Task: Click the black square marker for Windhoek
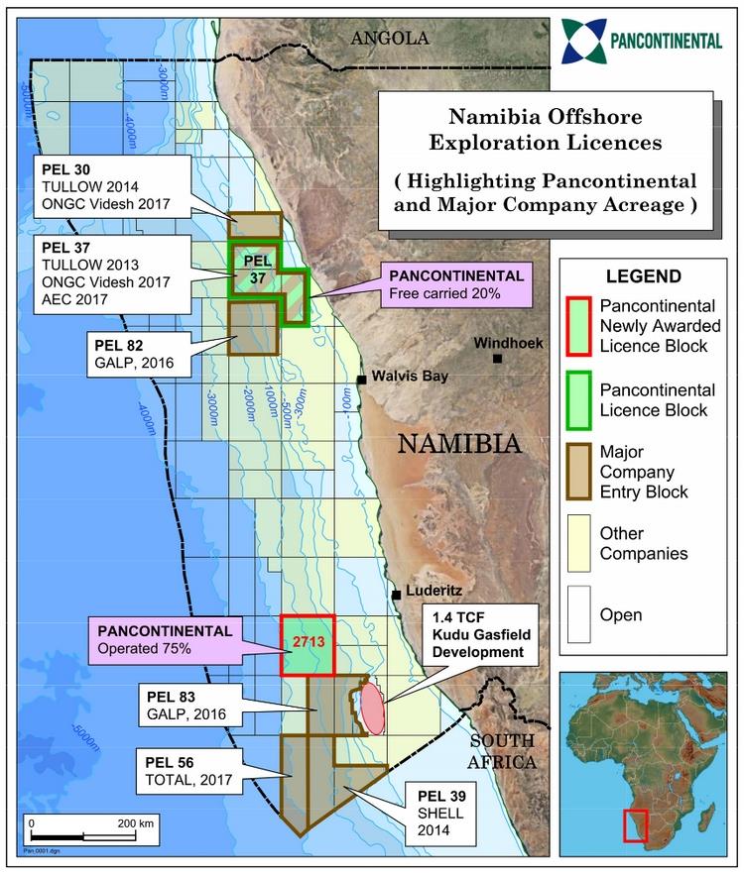(497, 359)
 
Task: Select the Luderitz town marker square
(396, 595)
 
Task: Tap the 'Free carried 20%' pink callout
(455, 282)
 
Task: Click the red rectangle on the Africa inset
(635, 826)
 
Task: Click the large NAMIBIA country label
(459, 443)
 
